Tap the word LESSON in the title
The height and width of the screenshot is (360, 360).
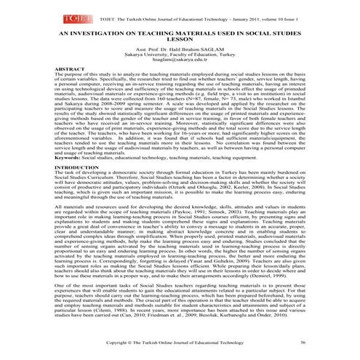tap(180, 41)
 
